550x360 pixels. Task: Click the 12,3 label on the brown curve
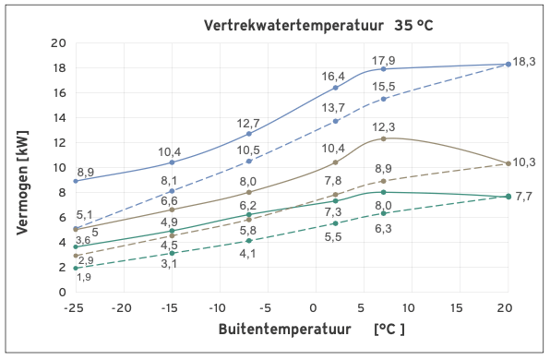click(x=384, y=127)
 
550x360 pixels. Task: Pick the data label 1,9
click(x=83, y=277)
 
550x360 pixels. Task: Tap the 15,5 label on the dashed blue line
click(x=384, y=86)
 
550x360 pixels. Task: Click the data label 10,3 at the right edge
click(x=524, y=162)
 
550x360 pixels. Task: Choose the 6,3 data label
click(x=384, y=228)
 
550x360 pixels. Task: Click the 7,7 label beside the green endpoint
click(x=524, y=197)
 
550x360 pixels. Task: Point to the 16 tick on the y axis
click(x=59, y=92)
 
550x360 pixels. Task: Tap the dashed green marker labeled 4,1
click(x=249, y=241)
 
